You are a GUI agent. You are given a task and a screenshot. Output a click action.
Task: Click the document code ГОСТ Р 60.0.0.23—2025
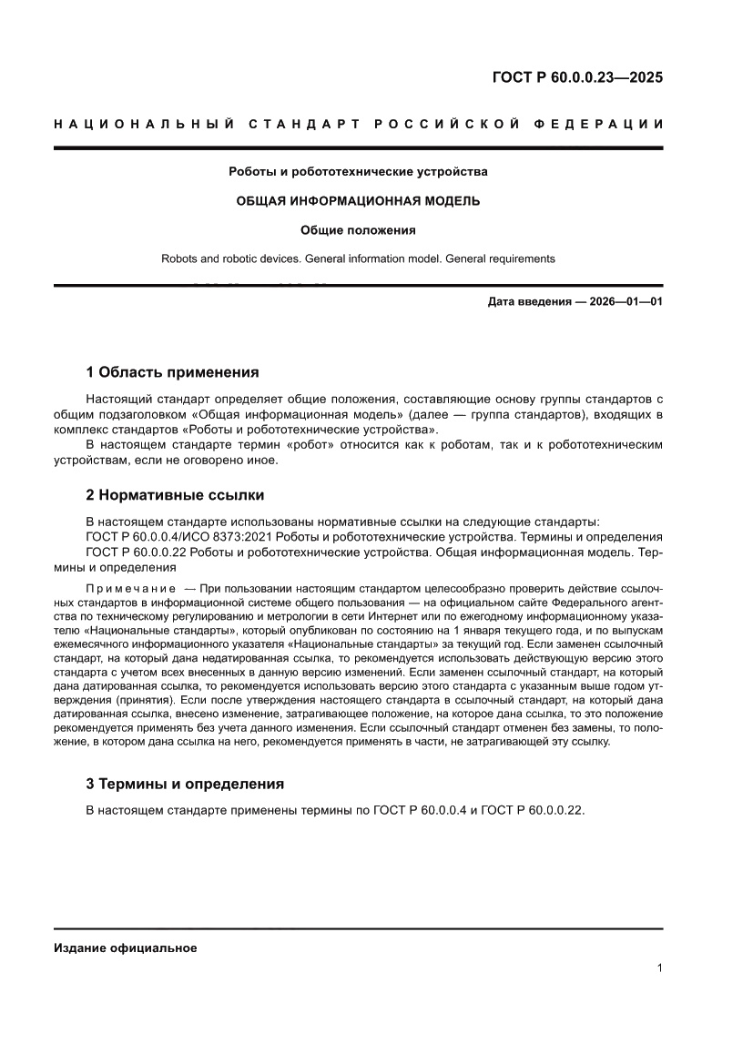[577, 77]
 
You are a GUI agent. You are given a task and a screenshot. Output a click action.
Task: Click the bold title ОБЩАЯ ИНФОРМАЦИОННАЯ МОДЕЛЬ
[358, 200]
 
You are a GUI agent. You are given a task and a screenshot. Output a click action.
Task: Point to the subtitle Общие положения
[358, 229]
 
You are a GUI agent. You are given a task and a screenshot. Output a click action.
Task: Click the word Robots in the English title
[179, 258]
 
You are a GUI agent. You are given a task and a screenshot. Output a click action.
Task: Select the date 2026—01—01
[624, 301]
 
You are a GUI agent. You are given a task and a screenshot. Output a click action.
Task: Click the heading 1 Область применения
[172, 372]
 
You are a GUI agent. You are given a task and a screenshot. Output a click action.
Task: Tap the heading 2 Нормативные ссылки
[175, 495]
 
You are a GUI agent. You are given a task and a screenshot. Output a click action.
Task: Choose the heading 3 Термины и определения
[185, 784]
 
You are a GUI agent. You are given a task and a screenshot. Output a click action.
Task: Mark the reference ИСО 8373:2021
[231, 537]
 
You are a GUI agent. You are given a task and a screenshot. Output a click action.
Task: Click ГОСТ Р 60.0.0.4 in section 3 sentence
[422, 809]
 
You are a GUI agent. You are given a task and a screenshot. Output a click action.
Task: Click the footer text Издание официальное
[126, 947]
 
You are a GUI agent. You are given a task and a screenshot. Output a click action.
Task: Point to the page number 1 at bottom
[658, 968]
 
